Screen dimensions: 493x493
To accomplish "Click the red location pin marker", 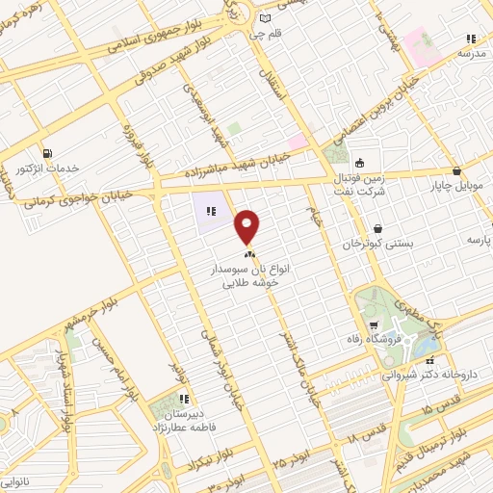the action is click(248, 227).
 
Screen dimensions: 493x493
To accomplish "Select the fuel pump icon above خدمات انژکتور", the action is click(47, 153).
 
